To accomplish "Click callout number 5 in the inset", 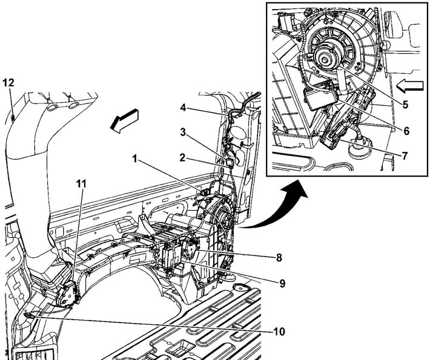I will click(405, 103).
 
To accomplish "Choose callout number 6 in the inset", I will click(405, 130).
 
